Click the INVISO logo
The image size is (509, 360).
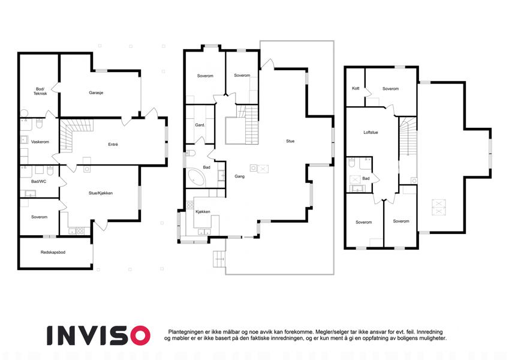click(98, 335)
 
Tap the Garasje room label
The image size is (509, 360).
click(96, 92)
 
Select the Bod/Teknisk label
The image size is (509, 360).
click(40, 91)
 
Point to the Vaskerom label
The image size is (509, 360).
click(40, 142)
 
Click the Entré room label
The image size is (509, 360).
click(113, 144)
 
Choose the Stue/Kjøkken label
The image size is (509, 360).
click(101, 193)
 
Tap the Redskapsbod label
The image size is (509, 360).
click(53, 252)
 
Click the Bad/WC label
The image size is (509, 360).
click(38, 182)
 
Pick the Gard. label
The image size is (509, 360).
click(200, 125)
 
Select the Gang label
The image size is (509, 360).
click(240, 176)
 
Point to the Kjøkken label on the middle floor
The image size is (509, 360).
click(203, 212)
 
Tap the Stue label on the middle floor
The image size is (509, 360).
click(290, 141)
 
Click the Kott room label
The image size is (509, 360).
click(356, 88)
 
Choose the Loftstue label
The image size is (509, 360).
click(371, 133)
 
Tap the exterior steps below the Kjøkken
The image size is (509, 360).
click(219, 259)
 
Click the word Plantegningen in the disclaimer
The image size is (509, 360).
click(186, 332)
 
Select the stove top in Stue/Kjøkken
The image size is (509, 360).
click(80, 231)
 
